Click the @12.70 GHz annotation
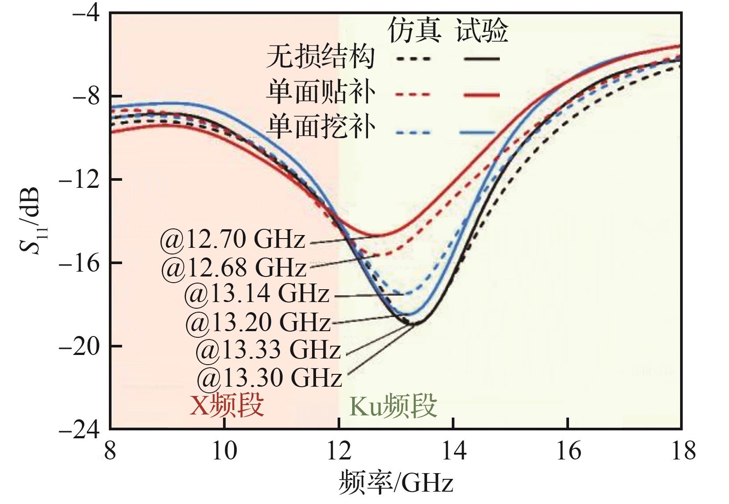pos(232,240)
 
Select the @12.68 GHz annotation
pos(233,268)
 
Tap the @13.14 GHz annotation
pos(257,294)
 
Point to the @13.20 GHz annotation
pos(258,322)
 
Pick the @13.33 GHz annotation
pos(268,350)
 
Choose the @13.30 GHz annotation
pos(269,378)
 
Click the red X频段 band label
pos(227,405)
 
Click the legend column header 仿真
pos(414,31)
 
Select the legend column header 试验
pos(482,31)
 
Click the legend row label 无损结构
pos(320,57)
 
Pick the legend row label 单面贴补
pos(320,93)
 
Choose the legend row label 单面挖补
pos(320,128)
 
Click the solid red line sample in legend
pos(482,94)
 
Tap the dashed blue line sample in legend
pos(413,132)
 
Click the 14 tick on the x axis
pos(454,452)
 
